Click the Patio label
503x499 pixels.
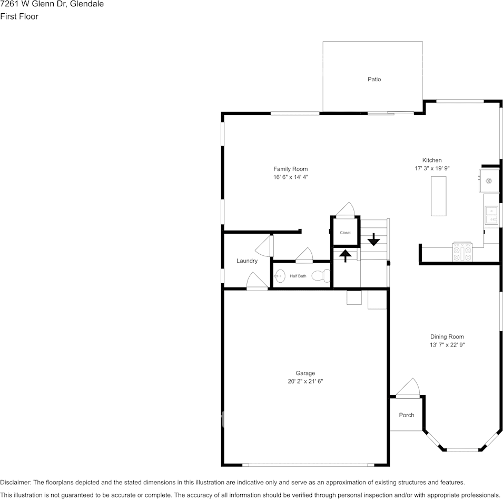pos(374,79)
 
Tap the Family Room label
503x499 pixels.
pos(290,169)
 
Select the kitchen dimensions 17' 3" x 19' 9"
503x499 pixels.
pos(432,169)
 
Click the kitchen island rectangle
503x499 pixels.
pos(438,196)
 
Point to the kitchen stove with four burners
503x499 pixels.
pos(463,252)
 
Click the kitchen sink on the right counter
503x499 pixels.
pos(492,214)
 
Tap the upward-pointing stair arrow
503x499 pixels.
pos(345,256)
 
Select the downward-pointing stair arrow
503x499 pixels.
pos(373,239)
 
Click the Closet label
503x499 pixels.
pos(345,233)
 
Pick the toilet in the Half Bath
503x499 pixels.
pos(321,275)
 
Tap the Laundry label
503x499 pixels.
pos(247,261)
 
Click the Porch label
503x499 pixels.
pos(406,415)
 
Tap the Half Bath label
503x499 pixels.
pos(298,276)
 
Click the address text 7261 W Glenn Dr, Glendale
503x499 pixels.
pos(52,4)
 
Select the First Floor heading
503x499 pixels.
pos(19,16)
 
